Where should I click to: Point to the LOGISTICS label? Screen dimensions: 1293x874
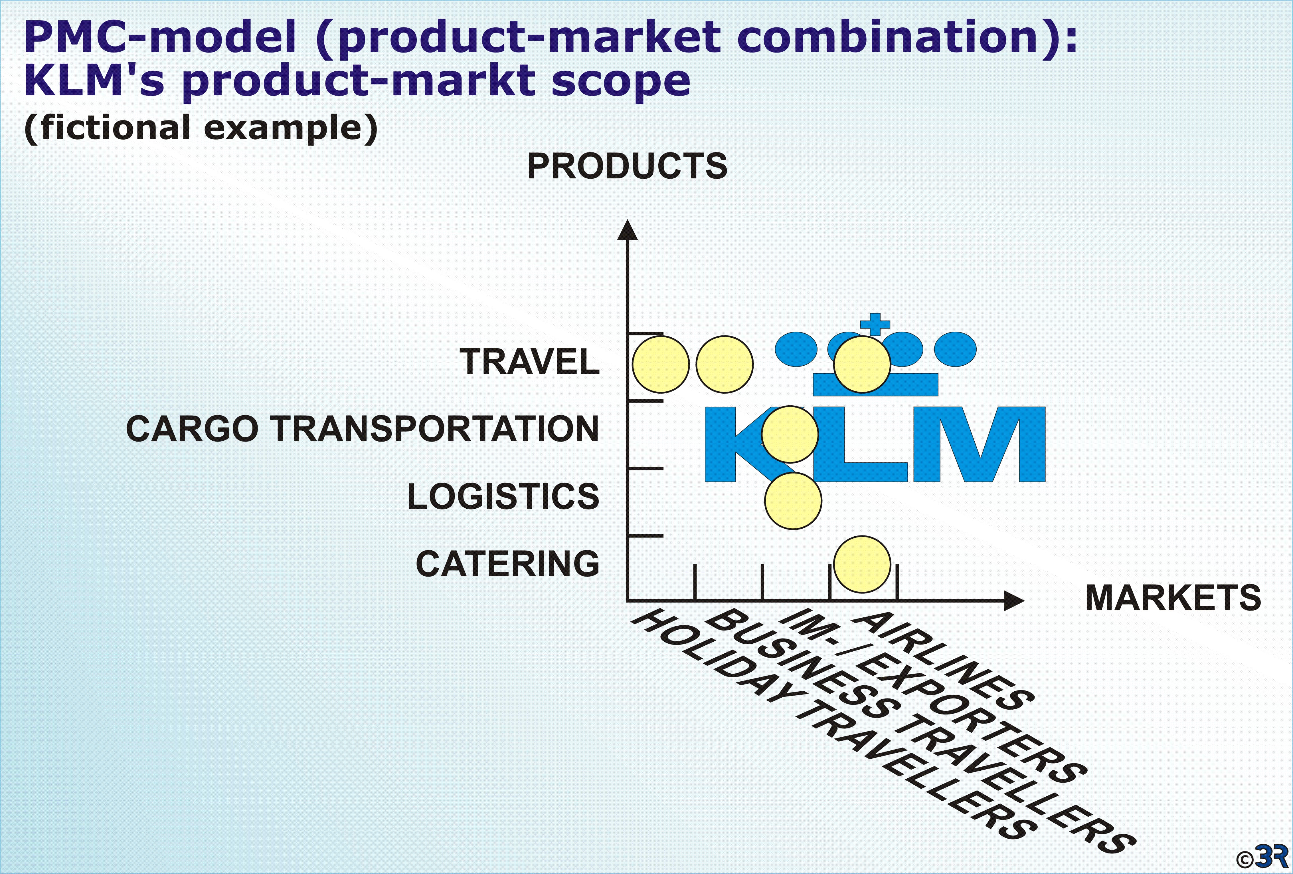pos(503,496)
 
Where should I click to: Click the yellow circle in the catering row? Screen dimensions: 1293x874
pos(862,564)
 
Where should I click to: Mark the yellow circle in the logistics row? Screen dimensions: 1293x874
pos(793,500)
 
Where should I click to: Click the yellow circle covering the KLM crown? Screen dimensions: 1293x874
pos(862,364)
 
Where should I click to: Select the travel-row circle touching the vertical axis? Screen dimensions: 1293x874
pos(661,364)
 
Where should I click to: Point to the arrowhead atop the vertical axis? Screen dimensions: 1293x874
pos(628,229)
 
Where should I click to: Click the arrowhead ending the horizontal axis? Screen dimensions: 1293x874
pos(1014,601)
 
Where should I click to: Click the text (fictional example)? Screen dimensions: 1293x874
pos(201,128)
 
